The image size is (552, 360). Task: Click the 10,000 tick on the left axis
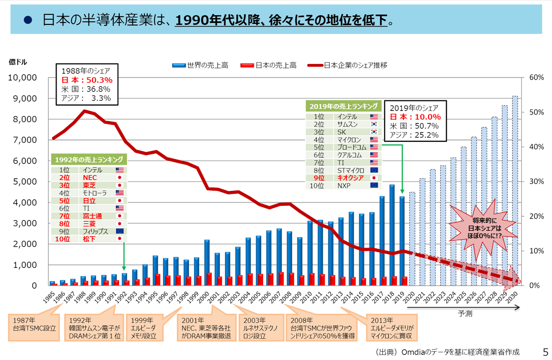click(x=22, y=78)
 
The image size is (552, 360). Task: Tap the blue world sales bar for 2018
click(x=392, y=235)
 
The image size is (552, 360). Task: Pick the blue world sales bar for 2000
click(x=207, y=262)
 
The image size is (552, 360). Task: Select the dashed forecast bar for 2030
click(x=515, y=191)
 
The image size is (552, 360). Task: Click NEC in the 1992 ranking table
click(x=90, y=177)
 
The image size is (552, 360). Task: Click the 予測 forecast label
click(x=465, y=314)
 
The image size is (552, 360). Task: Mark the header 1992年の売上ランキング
click(x=89, y=159)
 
